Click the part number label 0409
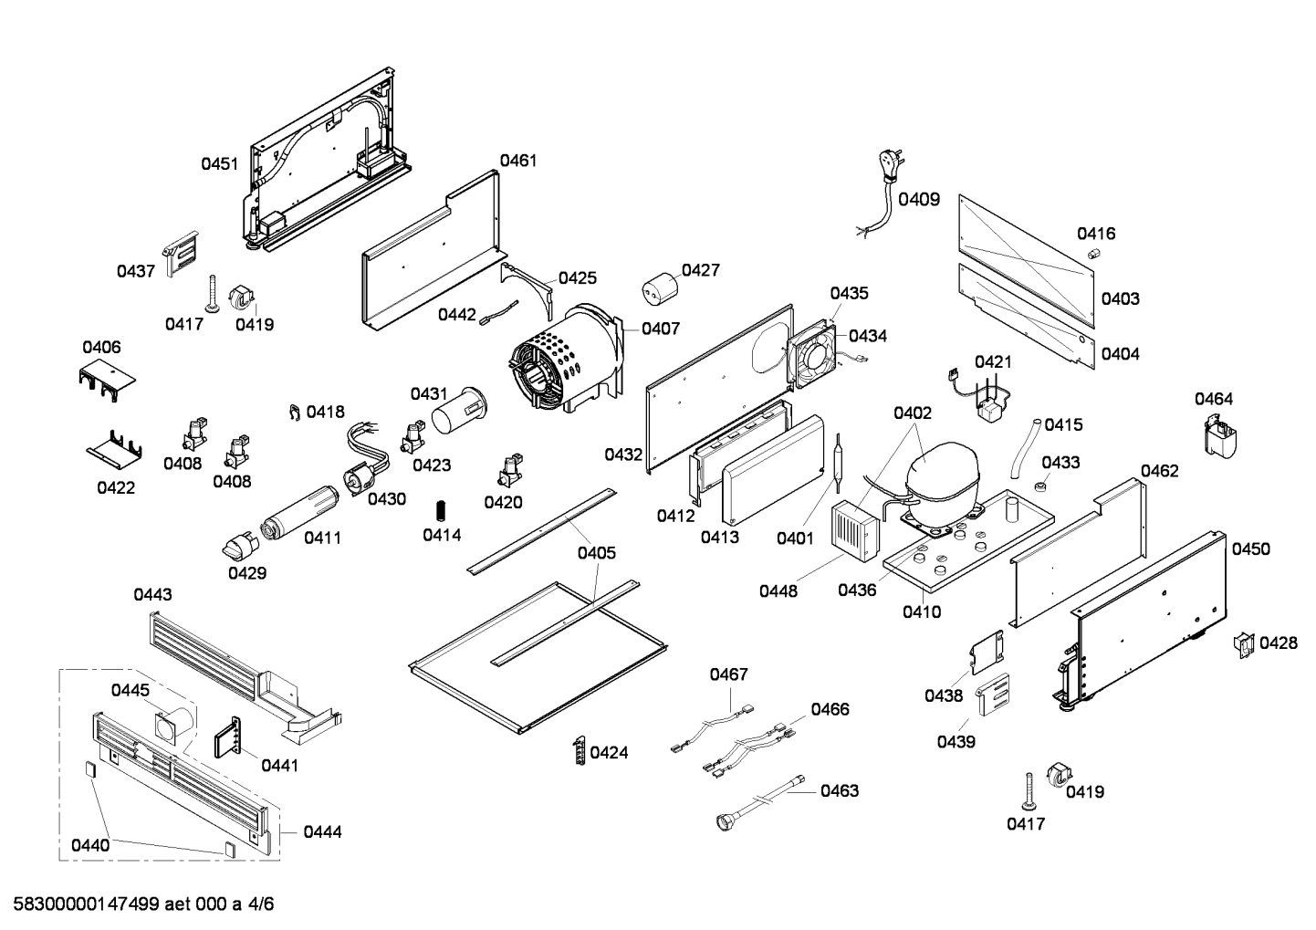coord(918,199)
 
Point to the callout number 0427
coord(700,270)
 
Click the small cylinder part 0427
coord(661,290)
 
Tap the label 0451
coord(220,164)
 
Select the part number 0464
coord(1214,399)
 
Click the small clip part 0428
coord(1243,643)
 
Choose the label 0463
coord(840,790)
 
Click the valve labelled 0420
coord(507,469)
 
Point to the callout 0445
coord(131,690)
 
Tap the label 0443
coord(152,595)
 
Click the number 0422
coord(116,487)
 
